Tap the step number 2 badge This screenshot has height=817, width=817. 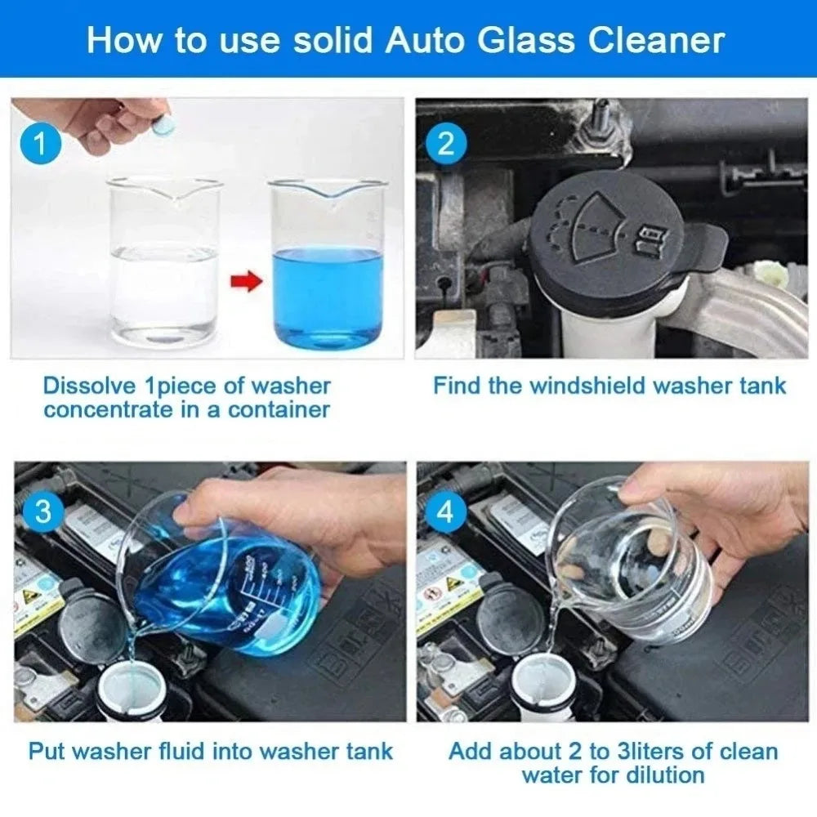point(446,145)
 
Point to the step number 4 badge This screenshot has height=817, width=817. point(446,512)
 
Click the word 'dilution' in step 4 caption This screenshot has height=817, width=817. point(663,775)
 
